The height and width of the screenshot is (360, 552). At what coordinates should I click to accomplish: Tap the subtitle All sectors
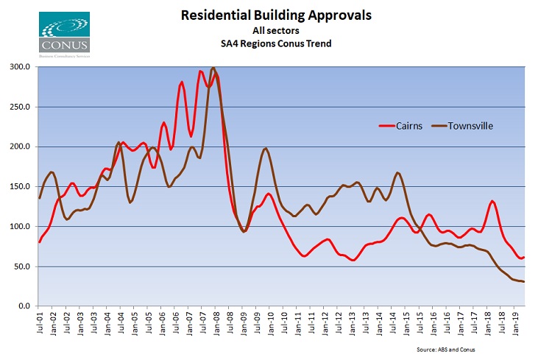(x=277, y=31)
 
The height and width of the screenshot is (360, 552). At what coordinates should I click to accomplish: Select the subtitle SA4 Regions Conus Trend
(x=277, y=43)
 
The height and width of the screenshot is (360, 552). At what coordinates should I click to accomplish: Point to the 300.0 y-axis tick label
(x=19, y=67)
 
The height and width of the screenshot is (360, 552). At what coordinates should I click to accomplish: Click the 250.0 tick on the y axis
(x=19, y=107)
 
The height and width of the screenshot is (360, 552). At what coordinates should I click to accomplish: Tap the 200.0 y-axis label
(x=19, y=147)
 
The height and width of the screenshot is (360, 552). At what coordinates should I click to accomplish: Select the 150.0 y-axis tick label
(x=19, y=186)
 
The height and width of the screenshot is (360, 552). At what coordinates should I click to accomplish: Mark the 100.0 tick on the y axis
(x=19, y=226)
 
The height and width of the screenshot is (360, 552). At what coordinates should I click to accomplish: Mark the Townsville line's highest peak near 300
(x=213, y=68)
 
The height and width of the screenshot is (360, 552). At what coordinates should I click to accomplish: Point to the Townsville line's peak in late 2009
(x=266, y=149)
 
